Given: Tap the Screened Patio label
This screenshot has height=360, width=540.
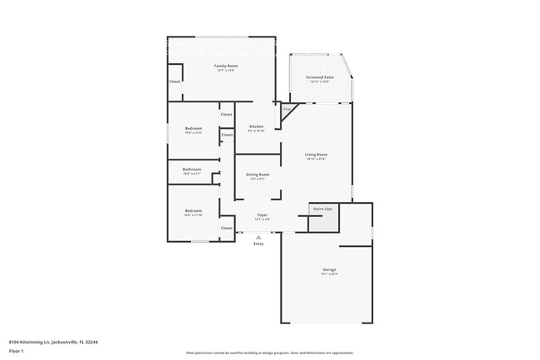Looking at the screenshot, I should point(320,76).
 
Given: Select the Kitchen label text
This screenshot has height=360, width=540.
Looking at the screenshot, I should point(256,126).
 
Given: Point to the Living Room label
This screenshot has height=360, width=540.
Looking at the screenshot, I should point(317,155).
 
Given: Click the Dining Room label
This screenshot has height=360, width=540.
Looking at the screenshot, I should point(256,174).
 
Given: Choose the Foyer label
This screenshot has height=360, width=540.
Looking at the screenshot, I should point(262,215).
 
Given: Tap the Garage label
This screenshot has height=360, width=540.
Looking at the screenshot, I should point(330,269).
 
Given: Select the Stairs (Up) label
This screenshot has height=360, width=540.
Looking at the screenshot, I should point(322,208).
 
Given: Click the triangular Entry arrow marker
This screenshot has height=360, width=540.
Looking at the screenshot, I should point(258,237).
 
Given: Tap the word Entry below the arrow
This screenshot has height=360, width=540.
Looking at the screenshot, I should point(258,244).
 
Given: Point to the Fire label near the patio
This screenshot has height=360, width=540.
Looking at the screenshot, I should point(287,109).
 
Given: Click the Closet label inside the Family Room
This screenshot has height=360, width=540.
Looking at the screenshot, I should point(175,81).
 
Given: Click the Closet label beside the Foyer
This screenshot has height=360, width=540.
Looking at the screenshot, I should point(226,227).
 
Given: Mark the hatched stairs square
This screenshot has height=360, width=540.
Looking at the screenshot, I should point(316,222).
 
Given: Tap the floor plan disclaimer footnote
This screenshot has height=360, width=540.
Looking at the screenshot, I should point(271,354).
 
